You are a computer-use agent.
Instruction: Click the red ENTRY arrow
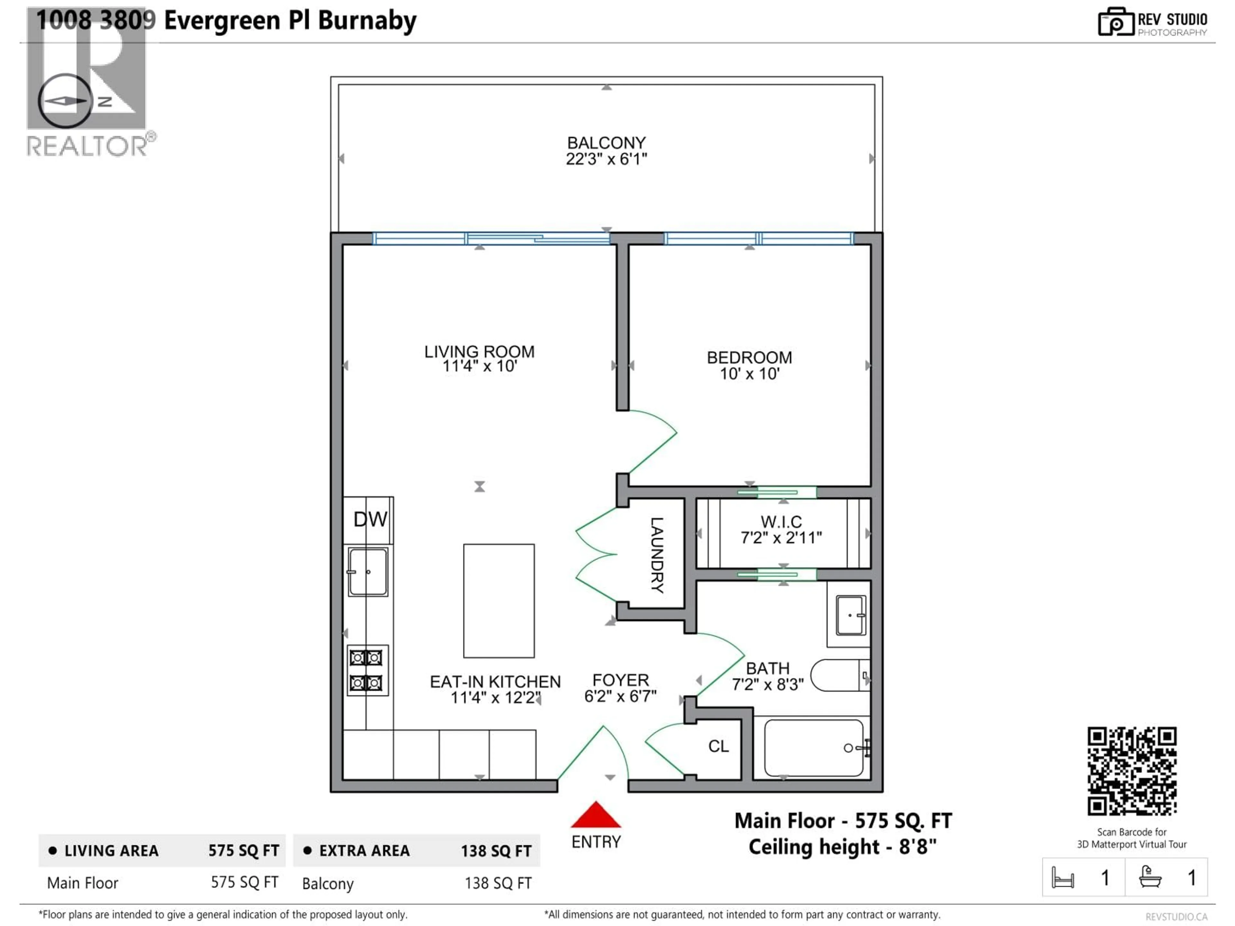(595, 815)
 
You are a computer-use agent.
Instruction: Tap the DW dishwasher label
(370, 520)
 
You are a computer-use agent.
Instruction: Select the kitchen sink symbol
(367, 572)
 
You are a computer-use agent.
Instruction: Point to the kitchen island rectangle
(499, 601)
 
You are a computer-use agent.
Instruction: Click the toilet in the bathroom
(838, 676)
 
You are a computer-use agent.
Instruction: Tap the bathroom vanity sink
(850, 616)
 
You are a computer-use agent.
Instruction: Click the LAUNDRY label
(657, 555)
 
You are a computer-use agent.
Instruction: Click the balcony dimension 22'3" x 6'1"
(606, 159)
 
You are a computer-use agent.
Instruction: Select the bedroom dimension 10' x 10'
(749, 374)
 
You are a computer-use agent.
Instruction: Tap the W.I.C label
(781, 522)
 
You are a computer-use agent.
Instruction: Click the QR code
(1132, 771)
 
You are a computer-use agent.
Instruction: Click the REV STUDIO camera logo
(1115, 22)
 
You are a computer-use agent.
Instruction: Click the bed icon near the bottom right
(1063, 877)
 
